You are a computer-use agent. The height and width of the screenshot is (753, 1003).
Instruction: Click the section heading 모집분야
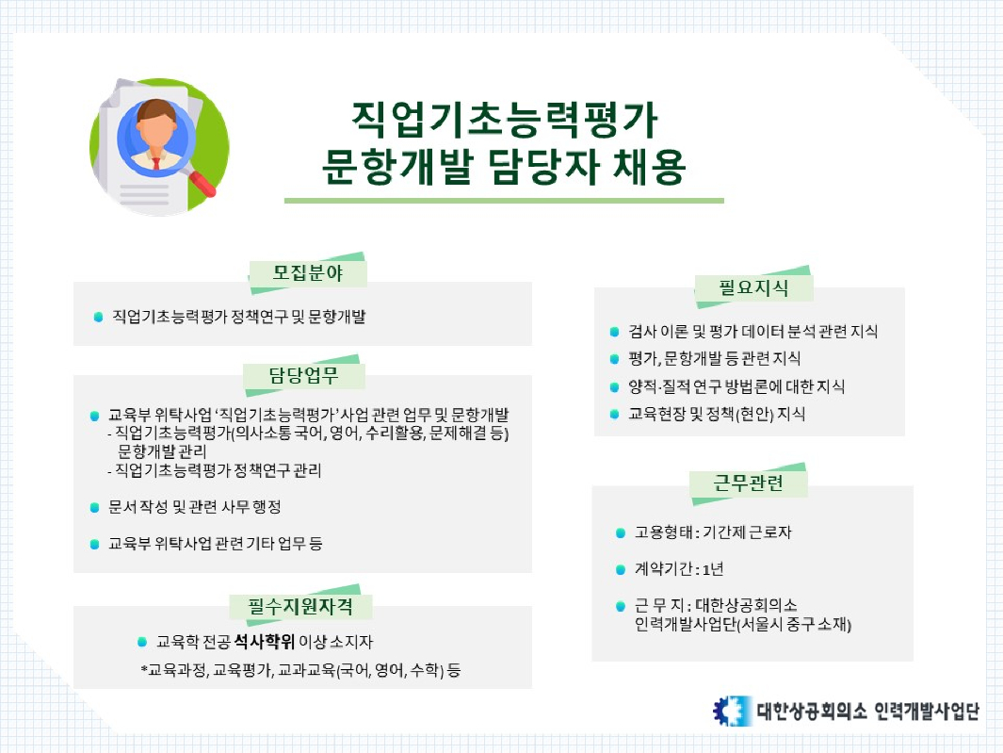click(x=308, y=273)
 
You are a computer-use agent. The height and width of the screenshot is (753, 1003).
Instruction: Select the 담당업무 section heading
click(x=303, y=375)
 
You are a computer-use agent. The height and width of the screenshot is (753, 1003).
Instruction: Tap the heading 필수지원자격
click(x=300, y=606)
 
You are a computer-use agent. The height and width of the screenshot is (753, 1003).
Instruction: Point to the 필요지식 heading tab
click(x=753, y=287)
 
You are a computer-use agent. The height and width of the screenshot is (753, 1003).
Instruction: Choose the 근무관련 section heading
click(x=749, y=483)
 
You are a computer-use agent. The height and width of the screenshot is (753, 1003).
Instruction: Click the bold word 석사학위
click(x=265, y=641)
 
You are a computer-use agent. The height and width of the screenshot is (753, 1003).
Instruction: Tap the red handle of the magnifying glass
click(x=202, y=182)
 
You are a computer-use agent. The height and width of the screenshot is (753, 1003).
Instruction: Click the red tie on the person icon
click(x=156, y=163)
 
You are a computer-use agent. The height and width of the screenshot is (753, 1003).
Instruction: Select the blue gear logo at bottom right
click(x=732, y=710)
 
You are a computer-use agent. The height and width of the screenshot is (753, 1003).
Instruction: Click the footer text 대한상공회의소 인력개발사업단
click(x=868, y=711)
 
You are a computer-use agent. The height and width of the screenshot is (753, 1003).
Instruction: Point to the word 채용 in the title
click(x=649, y=167)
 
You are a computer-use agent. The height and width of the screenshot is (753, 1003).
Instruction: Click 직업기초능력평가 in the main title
click(x=504, y=120)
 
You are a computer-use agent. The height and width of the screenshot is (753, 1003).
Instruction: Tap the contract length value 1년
click(x=713, y=568)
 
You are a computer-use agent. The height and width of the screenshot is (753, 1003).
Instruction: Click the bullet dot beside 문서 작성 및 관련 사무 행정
click(x=95, y=508)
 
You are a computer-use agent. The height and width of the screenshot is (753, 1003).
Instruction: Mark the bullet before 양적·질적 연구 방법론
click(x=615, y=386)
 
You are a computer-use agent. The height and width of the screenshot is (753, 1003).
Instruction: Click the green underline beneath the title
click(x=504, y=201)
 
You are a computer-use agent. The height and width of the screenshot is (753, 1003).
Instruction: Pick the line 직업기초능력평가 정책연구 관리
click(x=215, y=470)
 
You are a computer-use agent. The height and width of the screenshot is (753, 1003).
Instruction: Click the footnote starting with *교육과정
click(x=300, y=670)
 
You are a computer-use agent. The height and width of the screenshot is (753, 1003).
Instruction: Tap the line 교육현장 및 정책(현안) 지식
click(x=717, y=415)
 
